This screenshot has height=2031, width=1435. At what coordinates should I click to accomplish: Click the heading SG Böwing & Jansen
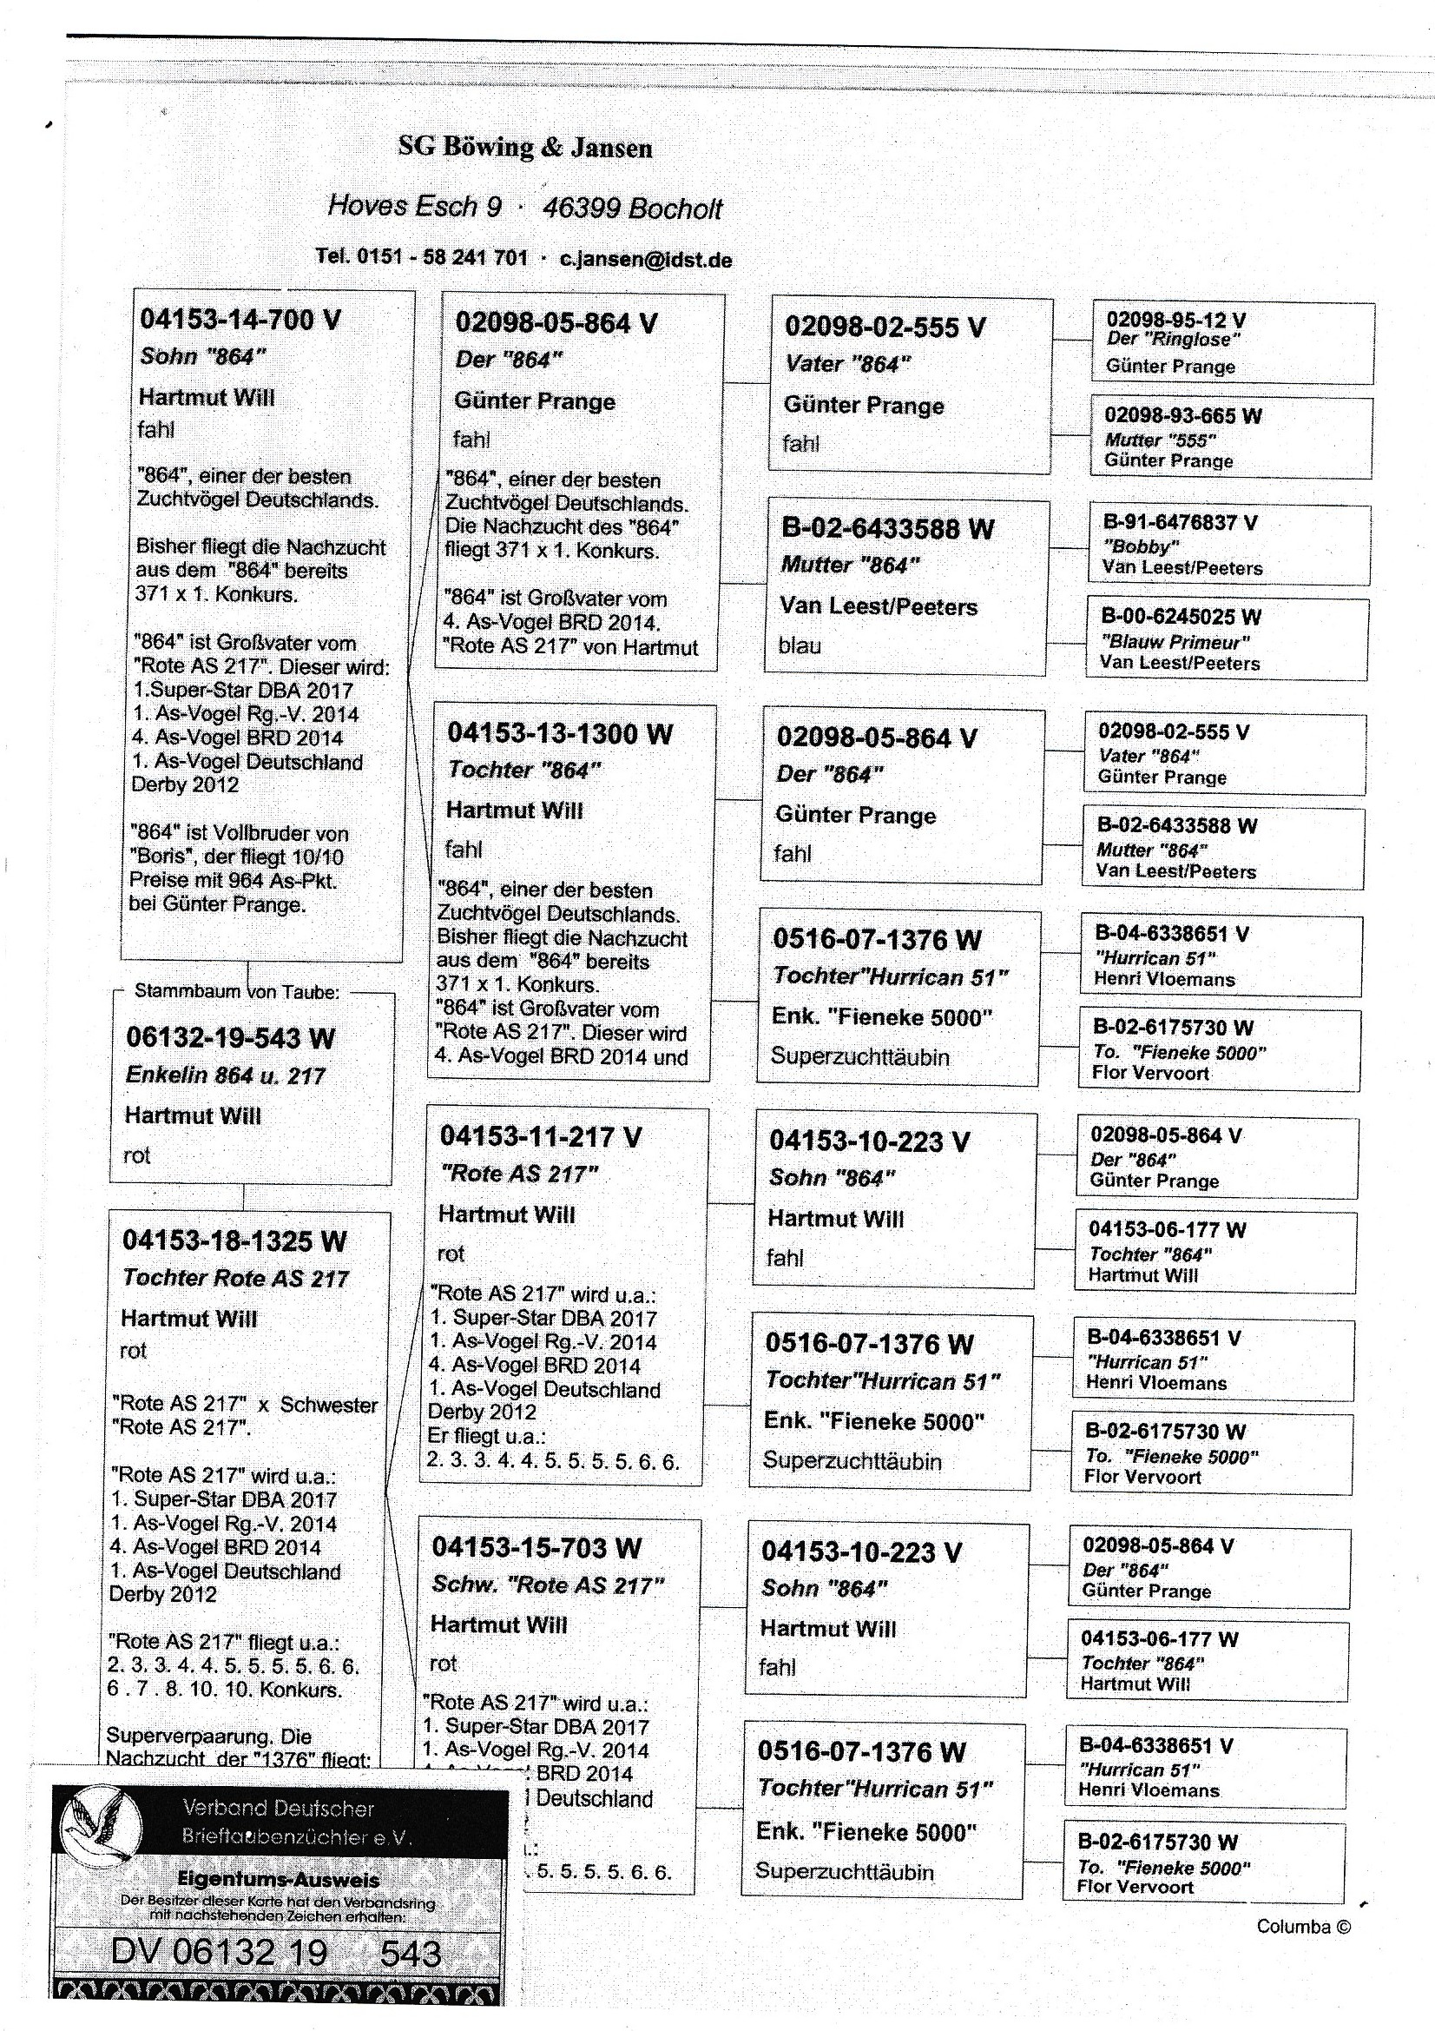tap(525, 147)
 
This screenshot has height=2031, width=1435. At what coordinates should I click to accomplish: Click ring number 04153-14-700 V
tap(240, 320)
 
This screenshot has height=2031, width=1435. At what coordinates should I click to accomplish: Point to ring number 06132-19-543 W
tap(230, 1036)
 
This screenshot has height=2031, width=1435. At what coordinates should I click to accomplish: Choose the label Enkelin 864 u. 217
tap(226, 1075)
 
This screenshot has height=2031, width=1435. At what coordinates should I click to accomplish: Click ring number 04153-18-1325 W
tap(234, 1240)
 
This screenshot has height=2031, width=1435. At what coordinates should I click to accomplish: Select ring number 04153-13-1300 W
tap(559, 733)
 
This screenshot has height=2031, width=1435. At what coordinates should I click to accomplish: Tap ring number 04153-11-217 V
tap(540, 1137)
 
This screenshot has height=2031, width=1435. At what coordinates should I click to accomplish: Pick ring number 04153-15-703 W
tap(536, 1547)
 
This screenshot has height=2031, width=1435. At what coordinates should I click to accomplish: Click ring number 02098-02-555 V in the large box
tap(884, 327)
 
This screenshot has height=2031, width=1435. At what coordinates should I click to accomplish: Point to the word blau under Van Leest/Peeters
tap(800, 645)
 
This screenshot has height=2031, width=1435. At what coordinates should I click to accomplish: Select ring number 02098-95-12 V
tap(1176, 320)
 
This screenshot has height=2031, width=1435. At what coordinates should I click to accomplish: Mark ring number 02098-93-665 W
tap(1183, 415)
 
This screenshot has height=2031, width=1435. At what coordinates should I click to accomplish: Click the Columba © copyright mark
tap(1303, 1927)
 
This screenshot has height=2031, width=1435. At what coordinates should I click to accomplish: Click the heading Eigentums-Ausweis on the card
tap(279, 1880)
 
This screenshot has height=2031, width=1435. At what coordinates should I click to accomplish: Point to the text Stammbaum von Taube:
tap(237, 992)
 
